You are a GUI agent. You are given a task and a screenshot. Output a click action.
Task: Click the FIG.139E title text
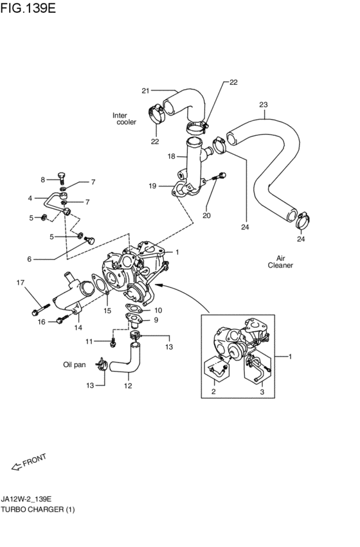pyautogui.click(x=28, y=8)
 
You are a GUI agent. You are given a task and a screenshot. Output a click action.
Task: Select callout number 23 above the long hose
pyautogui.click(x=264, y=104)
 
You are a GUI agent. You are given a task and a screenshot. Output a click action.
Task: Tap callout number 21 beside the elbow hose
pyautogui.click(x=145, y=91)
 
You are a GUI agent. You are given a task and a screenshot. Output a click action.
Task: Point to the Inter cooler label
pyautogui.click(x=124, y=119)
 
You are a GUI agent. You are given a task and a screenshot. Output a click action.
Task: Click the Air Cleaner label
pyautogui.click(x=280, y=262)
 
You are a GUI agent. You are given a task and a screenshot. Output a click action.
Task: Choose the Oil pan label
pyautogui.click(x=75, y=364)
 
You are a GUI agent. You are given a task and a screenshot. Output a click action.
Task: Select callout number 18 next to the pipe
pyautogui.click(x=171, y=156)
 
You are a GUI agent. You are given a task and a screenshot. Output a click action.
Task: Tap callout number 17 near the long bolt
pyautogui.click(x=21, y=282)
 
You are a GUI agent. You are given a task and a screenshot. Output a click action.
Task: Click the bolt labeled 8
pyautogui.click(x=62, y=177)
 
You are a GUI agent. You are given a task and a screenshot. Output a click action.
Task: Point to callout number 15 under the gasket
pyautogui.click(x=107, y=310)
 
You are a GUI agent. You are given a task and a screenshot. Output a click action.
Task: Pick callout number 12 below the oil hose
pyautogui.click(x=128, y=386)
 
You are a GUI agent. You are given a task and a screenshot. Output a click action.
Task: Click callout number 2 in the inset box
pyautogui.click(x=213, y=391)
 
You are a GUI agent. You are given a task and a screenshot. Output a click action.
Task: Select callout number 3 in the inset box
pyautogui.click(x=262, y=391)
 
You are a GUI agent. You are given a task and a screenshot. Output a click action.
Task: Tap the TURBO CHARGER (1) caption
pyautogui.click(x=38, y=509)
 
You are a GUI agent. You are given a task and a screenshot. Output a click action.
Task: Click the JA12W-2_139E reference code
pyautogui.click(x=26, y=499)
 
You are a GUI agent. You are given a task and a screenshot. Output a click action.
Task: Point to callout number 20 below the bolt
pyautogui.click(x=206, y=215)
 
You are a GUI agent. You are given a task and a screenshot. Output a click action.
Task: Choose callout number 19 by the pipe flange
pyautogui.click(x=152, y=186)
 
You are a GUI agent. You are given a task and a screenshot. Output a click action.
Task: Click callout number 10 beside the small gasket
pyautogui.click(x=158, y=310)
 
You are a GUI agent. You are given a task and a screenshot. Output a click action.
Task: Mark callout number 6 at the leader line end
pyautogui.click(x=30, y=259)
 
